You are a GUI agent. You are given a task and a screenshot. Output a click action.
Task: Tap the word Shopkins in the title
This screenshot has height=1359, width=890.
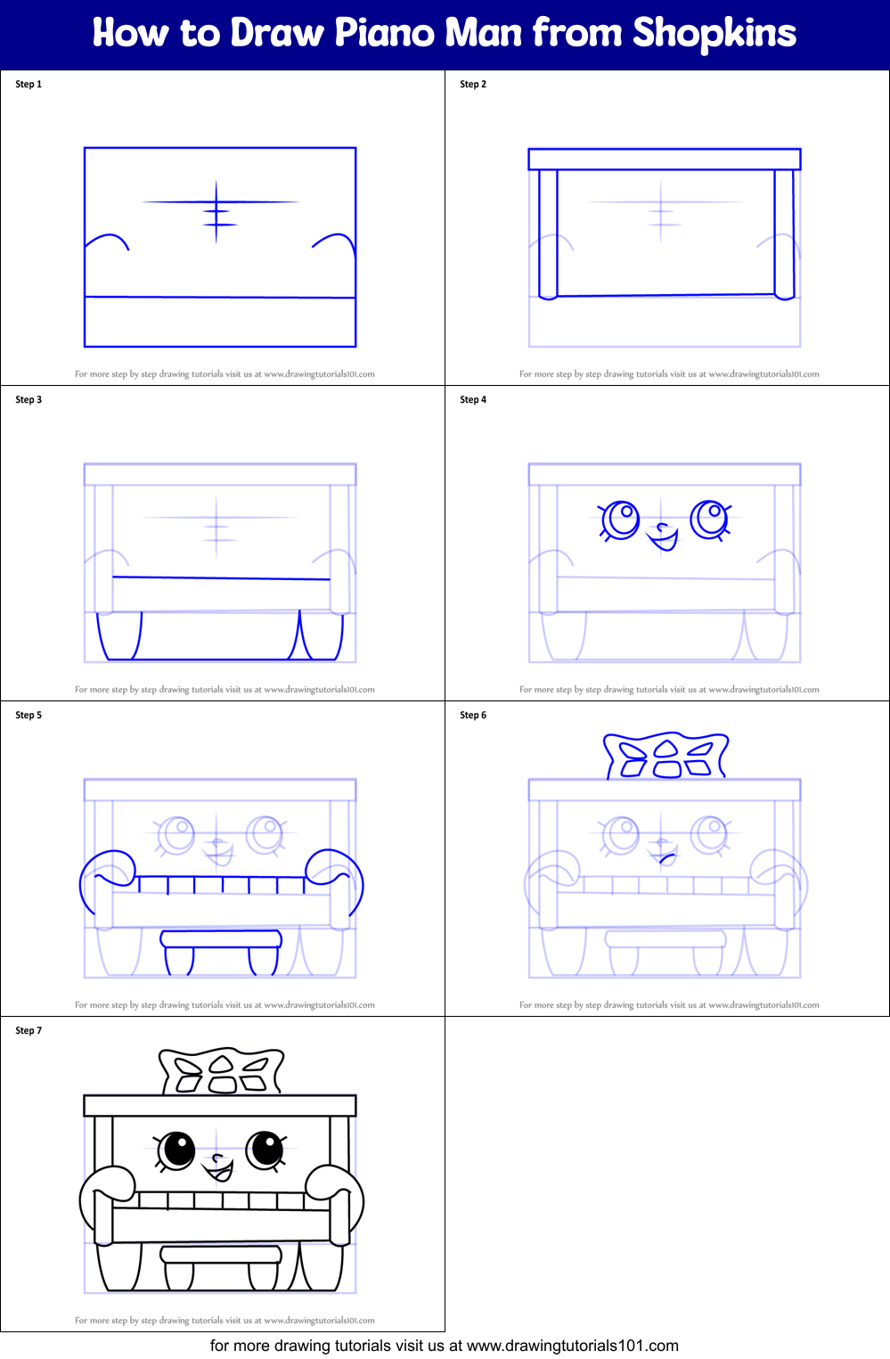(714, 33)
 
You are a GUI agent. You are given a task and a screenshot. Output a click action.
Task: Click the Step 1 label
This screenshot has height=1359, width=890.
(29, 85)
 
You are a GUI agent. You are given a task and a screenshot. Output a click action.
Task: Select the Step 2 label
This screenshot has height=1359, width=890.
(473, 85)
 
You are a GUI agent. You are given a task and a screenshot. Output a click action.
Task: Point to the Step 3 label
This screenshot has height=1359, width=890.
(29, 400)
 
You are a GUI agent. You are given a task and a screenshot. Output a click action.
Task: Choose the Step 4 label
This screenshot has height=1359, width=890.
(473, 400)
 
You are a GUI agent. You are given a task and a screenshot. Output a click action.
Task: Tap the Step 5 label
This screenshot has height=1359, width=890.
(29, 716)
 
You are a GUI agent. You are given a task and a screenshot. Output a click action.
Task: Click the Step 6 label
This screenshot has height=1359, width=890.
(473, 716)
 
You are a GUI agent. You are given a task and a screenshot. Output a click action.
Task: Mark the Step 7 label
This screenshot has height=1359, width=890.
(29, 1031)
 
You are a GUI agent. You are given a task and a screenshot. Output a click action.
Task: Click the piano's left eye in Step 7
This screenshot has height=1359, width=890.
(176, 1150)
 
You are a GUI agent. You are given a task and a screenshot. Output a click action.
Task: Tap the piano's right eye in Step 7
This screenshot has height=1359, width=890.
(265, 1149)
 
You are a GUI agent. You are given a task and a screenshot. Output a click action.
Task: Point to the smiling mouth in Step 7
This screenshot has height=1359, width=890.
(218, 1168)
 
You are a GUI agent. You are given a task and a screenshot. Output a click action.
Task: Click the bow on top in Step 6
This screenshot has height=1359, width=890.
(665, 756)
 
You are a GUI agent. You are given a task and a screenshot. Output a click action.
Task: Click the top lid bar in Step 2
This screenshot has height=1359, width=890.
(665, 160)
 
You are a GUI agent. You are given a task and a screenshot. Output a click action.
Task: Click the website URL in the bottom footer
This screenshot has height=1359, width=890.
(572, 1346)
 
